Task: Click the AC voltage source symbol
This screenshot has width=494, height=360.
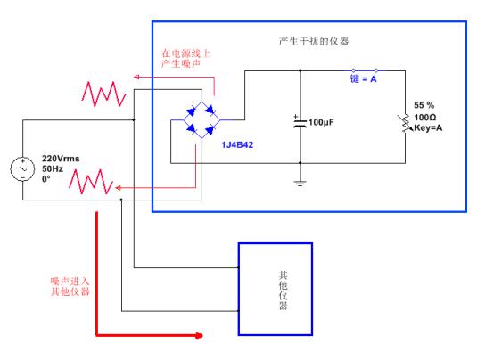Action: point(22,169)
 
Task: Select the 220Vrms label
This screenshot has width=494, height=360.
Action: point(61,159)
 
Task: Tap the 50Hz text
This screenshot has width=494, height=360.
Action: point(53,168)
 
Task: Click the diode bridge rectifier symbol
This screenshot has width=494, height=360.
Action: point(202,120)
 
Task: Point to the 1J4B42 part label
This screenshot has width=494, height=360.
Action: point(237,145)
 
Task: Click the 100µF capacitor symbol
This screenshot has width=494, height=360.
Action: point(300,122)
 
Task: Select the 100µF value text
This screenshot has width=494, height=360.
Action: point(321,122)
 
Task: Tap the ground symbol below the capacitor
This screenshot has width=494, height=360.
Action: point(300,183)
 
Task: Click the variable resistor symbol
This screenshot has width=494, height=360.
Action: point(405,124)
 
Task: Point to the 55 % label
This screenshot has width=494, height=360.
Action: point(424,105)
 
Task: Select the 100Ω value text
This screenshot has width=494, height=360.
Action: point(425,118)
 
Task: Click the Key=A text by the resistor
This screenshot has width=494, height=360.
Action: point(428,128)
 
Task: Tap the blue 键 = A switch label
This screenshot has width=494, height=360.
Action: point(363,78)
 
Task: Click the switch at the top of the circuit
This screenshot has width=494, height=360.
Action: point(365,70)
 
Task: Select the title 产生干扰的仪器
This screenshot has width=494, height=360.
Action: point(314,41)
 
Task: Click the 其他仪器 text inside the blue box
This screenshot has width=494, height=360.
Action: point(283,290)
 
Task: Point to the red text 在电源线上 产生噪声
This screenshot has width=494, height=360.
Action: point(185,58)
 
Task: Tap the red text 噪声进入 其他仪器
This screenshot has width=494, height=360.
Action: point(70,286)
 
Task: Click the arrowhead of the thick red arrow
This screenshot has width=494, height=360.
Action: point(199,335)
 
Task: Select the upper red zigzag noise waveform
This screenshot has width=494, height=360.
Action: point(104,94)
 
